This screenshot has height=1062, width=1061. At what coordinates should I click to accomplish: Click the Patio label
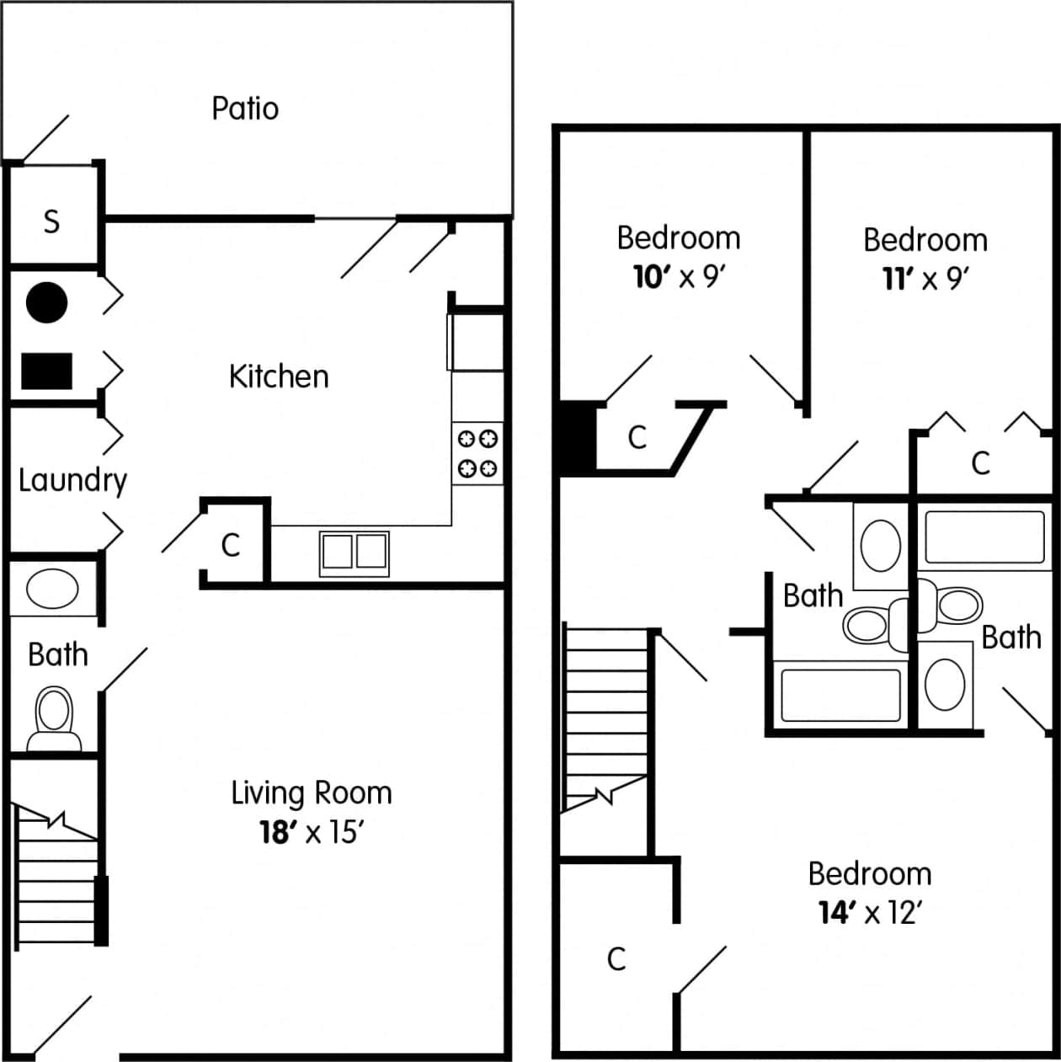(x=245, y=109)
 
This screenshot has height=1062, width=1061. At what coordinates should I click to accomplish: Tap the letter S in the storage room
(x=52, y=221)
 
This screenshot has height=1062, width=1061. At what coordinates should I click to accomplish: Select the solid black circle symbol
(x=46, y=302)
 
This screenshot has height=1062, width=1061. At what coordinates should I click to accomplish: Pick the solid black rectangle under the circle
(x=46, y=371)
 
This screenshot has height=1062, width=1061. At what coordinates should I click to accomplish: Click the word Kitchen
(x=279, y=376)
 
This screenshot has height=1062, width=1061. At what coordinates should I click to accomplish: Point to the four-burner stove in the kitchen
(x=477, y=453)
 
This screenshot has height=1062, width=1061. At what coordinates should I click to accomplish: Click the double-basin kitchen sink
(x=355, y=552)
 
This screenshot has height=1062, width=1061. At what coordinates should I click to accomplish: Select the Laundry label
(x=72, y=481)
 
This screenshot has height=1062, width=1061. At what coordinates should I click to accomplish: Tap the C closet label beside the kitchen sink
(x=230, y=546)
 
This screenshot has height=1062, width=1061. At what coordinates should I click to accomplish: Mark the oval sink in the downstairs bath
(x=52, y=588)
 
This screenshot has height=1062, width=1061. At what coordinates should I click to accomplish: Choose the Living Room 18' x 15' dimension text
(x=312, y=833)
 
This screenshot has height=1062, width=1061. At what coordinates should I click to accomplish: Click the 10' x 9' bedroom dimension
(x=679, y=276)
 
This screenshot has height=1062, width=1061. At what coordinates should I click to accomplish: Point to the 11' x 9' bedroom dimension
(x=925, y=278)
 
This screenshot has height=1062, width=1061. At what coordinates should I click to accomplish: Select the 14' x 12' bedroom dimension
(x=870, y=912)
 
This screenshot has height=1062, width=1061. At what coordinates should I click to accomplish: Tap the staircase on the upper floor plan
(x=605, y=716)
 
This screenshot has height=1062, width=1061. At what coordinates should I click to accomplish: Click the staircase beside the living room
(x=57, y=876)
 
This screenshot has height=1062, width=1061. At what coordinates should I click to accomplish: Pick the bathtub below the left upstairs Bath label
(x=840, y=696)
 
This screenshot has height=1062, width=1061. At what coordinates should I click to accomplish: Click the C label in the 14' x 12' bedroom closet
(x=616, y=958)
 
